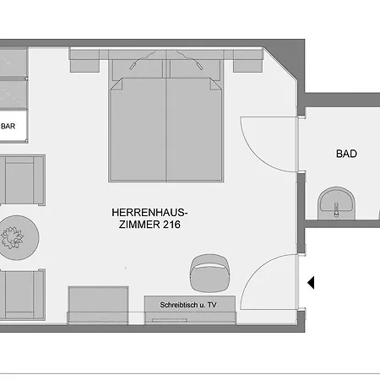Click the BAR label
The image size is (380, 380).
9,127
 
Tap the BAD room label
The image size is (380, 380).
346,154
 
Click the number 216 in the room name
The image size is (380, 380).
167,225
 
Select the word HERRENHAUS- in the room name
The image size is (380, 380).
149,212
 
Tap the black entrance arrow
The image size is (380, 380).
310,282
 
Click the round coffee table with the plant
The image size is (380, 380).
15,237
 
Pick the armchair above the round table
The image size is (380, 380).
20,180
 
